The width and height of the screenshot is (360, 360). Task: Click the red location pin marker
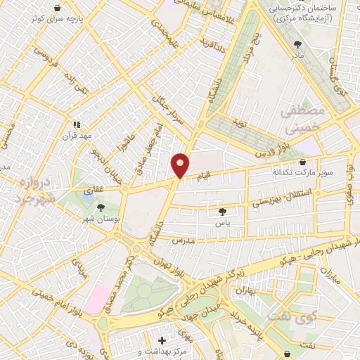(180, 165)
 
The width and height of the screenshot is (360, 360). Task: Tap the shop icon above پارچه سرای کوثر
(56, 8)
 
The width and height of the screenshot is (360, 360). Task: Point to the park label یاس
(224, 220)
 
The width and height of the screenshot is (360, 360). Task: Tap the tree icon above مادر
(297, 44)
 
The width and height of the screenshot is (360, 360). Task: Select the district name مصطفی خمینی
(303, 120)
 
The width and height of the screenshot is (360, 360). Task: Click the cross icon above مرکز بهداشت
(162, 340)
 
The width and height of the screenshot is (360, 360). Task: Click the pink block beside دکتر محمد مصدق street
(96, 295)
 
